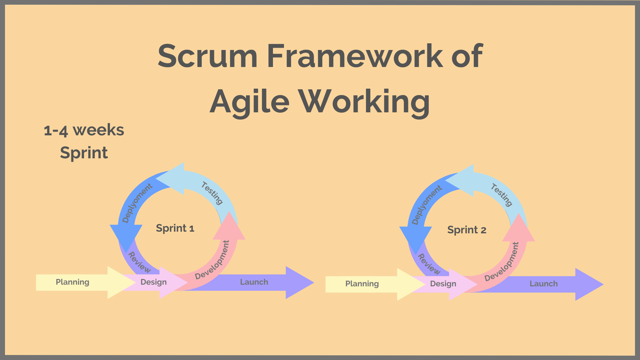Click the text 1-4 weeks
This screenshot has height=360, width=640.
[84, 130]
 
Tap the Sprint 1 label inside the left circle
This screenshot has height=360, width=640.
[175, 228]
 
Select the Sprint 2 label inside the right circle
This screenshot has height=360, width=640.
[467, 230]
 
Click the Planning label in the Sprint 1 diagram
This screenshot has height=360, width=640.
[72, 282]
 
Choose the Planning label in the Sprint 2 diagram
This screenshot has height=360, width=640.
[362, 284]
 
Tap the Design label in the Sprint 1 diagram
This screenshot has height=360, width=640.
[153, 282]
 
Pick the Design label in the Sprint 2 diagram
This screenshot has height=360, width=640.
[443, 284]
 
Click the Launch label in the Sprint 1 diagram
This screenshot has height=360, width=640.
[254, 282]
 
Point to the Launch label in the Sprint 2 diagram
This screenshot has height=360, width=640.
[543, 284]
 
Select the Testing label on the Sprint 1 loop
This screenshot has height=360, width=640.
[212, 193]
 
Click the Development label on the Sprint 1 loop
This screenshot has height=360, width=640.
[213, 260]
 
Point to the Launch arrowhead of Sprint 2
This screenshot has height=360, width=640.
[588, 284]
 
